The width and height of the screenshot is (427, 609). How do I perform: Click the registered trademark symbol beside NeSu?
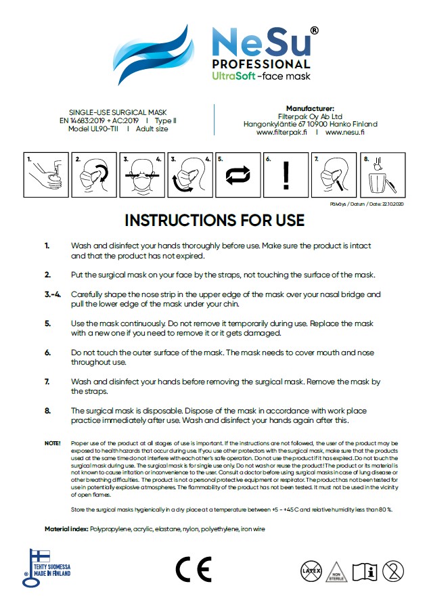pos(315,31)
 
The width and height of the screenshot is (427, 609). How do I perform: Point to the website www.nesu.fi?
pos(345,133)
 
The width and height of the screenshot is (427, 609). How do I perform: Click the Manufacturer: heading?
pos(310,108)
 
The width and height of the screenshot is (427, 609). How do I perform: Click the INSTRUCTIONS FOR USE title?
pos(214,221)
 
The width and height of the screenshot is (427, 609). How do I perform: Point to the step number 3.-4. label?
pos(53,294)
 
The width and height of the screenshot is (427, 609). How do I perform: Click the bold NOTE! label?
pos(52,443)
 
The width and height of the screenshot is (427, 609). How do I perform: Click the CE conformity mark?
pos(194,569)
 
